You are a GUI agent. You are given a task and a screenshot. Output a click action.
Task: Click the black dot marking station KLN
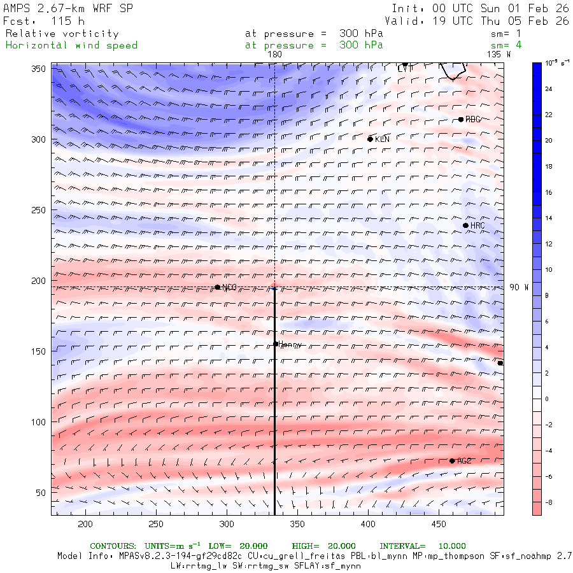(x=370, y=139)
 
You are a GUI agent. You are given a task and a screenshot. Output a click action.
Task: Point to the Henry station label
(x=290, y=344)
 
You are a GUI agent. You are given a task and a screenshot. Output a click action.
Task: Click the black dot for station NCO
(x=217, y=287)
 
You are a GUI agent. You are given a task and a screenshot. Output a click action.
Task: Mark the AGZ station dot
(x=452, y=461)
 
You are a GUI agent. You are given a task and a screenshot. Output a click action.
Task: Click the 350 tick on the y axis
(x=40, y=69)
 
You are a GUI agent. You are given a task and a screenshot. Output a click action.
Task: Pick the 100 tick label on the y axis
(x=40, y=422)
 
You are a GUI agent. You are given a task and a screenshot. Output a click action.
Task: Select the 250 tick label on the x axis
(x=156, y=524)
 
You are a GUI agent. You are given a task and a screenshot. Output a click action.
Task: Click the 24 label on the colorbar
(x=549, y=88)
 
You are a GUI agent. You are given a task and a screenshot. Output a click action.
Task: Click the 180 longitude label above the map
(x=274, y=55)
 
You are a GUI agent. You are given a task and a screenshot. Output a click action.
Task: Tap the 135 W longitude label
(x=499, y=55)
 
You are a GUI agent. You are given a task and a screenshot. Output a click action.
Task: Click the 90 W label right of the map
(x=519, y=288)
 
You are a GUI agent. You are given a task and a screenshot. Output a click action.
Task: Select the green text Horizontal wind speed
(x=71, y=45)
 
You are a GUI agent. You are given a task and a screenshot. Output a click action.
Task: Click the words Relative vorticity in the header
(x=62, y=34)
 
